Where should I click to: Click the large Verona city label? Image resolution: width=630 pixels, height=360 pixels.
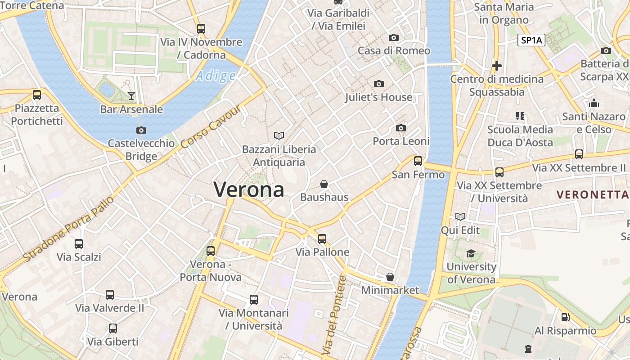tap(249, 189)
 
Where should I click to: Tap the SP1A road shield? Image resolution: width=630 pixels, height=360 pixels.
tap(531, 40)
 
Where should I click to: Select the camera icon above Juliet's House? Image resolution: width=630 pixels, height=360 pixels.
tap(379, 84)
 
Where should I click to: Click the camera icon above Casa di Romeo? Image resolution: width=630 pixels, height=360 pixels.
tap(394, 37)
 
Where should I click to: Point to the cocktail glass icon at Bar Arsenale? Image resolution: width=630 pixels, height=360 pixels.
tap(131, 95)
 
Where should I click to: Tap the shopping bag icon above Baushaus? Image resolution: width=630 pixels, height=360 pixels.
tap(324, 184)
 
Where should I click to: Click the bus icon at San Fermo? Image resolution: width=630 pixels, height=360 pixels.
tap(418, 161)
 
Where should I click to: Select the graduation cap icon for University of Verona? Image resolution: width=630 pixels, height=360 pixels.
tap(471, 254)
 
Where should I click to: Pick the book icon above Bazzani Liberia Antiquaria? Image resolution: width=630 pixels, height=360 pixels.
tap(279, 135)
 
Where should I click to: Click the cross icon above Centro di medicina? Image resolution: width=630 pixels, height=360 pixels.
tap(497, 66)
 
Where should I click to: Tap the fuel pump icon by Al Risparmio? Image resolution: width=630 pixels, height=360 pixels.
tap(566, 317)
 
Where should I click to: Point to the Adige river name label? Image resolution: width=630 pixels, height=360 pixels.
tap(216, 76)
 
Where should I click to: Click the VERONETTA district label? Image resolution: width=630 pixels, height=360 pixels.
tap(592, 195)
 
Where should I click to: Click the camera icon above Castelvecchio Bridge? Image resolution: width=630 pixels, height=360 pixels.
tap(141, 130)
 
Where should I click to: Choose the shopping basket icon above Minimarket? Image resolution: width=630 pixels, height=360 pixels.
tap(390, 277)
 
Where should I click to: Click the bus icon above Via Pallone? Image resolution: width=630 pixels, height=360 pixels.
tap(322, 238)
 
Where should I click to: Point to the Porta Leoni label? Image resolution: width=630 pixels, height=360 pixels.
tap(401, 141)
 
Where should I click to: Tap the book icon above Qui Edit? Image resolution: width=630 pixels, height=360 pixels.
tap(460, 217)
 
